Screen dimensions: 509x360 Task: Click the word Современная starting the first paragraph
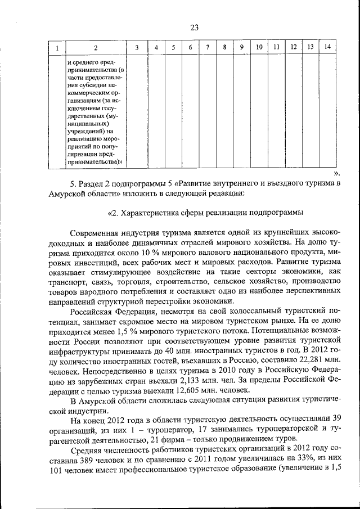pos(98,233)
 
